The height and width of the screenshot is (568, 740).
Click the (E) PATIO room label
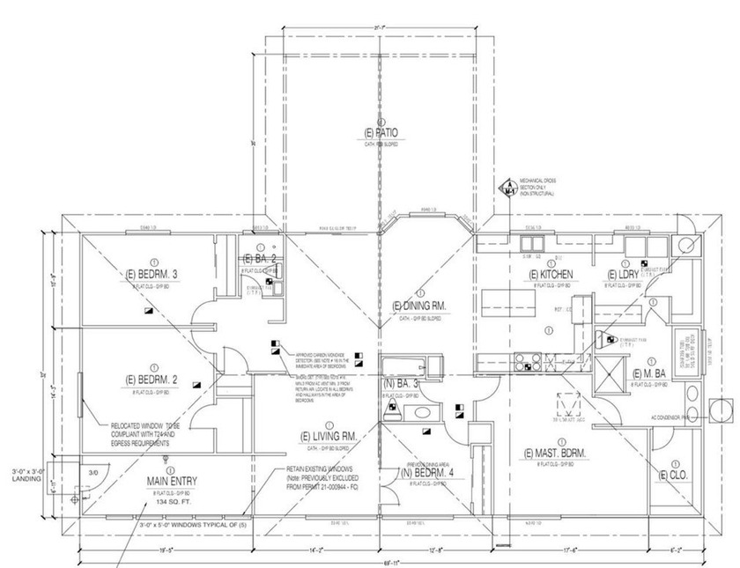(381, 133)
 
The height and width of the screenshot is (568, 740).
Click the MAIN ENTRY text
(171, 481)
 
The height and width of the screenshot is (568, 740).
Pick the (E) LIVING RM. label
(327, 436)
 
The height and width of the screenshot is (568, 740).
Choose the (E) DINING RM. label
(421, 306)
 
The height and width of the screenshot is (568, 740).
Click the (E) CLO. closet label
(675, 475)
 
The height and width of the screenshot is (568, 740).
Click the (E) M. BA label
(653, 374)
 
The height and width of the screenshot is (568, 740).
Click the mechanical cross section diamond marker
(508, 188)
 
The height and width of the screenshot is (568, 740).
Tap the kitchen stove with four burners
(526, 361)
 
